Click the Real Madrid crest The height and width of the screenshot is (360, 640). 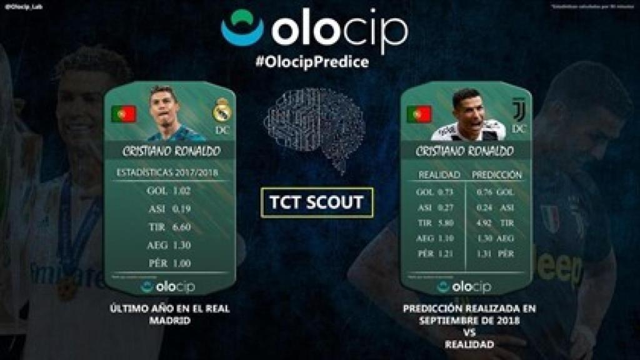pyautogui.click(x=222, y=111)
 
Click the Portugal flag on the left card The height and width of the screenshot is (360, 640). pyautogui.click(x=124, y=113)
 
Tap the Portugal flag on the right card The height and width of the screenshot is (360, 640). pyautogui.click(x=419, y=113)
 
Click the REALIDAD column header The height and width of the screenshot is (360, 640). pyautogui.click(x=439, y=175)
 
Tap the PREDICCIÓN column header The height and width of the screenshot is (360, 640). pyautogui.click(x=497, y=175)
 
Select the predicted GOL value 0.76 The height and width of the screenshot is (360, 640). pyautogui.click(x=484, y=192)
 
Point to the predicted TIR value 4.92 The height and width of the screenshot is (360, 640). pyautogui.click(x=484, y=222)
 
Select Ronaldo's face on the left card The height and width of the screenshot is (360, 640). pyautogui.click(x=164, y=106)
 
